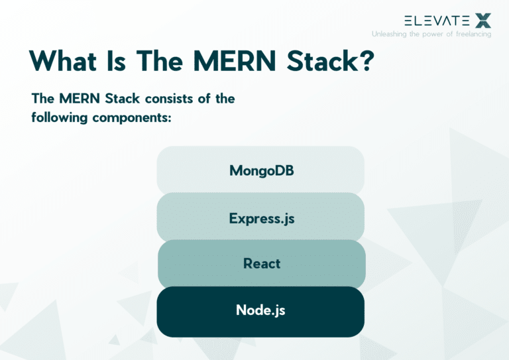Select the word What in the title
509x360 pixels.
(66, 61)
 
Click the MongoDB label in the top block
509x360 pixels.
(261, 170)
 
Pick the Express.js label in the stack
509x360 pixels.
(261, 217)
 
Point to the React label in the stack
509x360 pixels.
(261, 263)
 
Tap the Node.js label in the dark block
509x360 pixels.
(260, 310)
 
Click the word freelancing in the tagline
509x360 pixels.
(470, 34)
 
